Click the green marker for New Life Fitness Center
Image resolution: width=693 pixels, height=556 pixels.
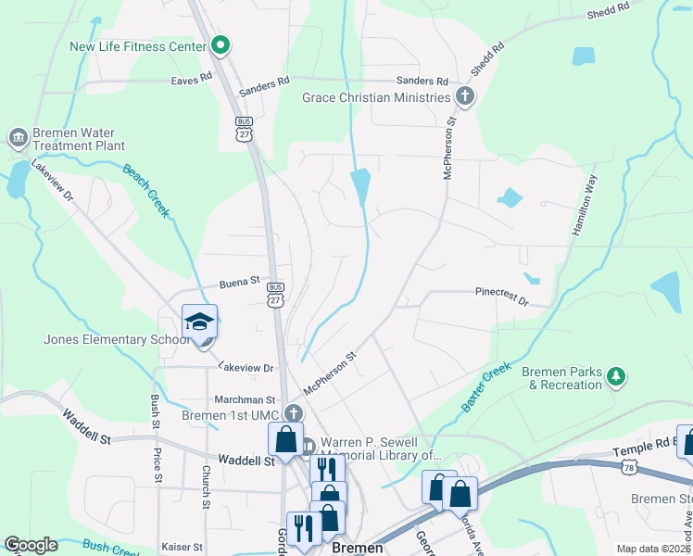220,44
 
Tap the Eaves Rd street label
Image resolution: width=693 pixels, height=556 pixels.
192,81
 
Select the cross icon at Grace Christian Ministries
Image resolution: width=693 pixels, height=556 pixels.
464,96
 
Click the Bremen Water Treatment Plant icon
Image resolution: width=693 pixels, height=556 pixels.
18,139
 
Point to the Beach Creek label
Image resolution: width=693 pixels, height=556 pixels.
146,190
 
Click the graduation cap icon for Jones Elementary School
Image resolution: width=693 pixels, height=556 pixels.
199,322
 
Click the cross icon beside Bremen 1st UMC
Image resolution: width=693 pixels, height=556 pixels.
293,413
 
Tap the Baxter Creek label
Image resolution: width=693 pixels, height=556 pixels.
485,387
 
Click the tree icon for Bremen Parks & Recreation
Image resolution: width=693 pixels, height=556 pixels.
615,377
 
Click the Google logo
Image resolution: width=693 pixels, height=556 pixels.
31,545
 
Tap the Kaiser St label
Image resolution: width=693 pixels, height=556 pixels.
182,548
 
